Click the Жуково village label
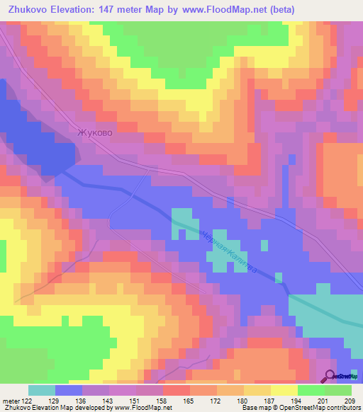[x=94, y=132]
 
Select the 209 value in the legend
[x=350, y=400]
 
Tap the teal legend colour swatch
[x=42, y=390]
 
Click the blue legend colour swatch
[x=69, y=390]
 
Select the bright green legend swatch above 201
[x=311, y=390]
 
